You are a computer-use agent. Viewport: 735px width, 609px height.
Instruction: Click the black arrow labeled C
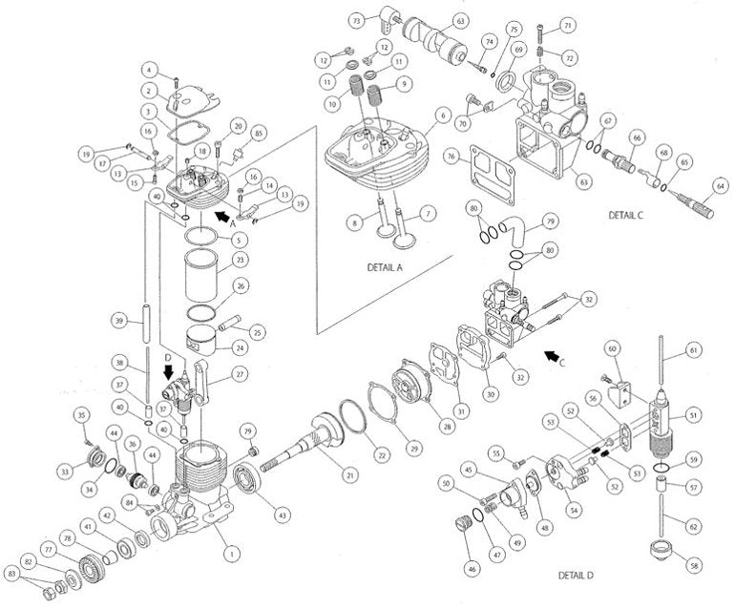pos(551,357)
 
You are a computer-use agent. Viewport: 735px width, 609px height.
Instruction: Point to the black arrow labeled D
pos(168,372)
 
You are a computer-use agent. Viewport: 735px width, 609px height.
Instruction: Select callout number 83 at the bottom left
pos(12,573)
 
